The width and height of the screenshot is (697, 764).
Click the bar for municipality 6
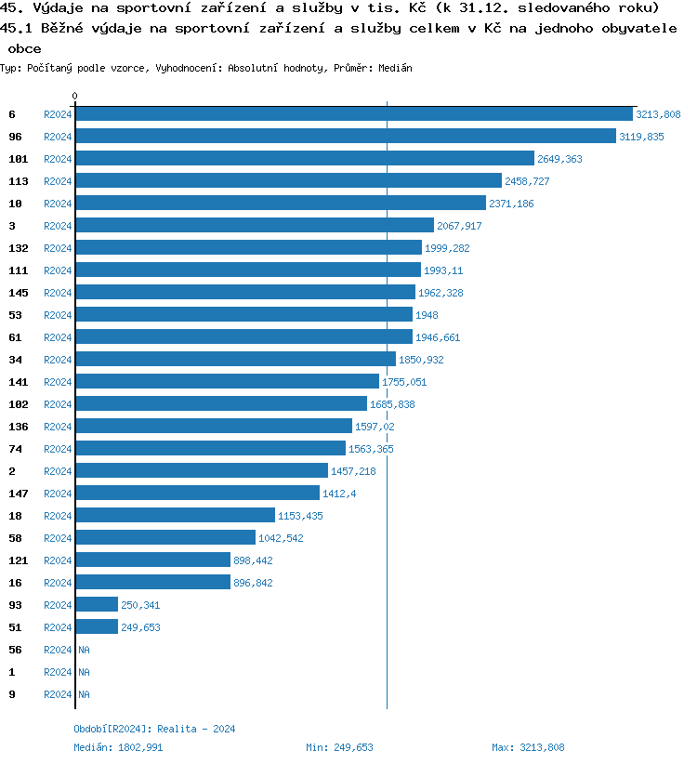353,114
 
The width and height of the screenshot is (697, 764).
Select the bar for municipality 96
346,137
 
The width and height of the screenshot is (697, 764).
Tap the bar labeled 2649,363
305,159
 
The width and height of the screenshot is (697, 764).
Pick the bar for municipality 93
97,605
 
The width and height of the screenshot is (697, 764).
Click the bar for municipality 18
175,516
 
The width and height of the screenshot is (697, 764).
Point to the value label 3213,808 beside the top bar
658,114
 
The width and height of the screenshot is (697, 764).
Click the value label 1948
427,315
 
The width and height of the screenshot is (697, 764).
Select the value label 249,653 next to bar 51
140,627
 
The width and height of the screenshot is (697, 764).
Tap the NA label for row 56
84,650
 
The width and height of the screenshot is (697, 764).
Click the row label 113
19,181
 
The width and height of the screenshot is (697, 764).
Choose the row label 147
19,494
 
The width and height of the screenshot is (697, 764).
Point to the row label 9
12,694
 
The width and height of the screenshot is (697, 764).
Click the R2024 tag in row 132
58,248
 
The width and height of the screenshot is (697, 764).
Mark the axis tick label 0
75,97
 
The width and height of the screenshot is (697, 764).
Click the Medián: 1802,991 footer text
119,747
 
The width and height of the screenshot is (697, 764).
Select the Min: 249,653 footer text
339,747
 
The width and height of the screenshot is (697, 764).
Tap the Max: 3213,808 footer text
528,747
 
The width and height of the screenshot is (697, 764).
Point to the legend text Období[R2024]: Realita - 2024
154,730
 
